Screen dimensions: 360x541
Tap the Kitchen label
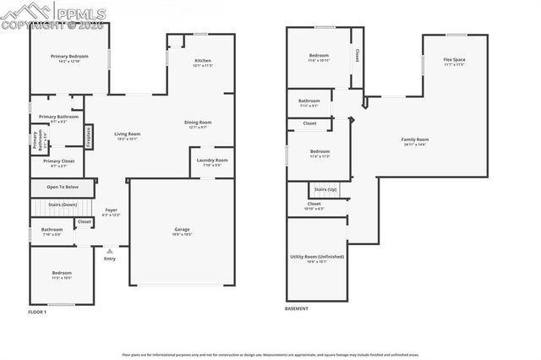(x=203, y=62)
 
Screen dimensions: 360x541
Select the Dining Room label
(x=198, y=123)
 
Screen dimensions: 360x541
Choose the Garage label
(x=182, y=230)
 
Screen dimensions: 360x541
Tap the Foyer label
(x=111, y=210)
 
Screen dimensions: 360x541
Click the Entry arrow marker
(x=110, y=250)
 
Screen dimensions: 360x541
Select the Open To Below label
(x=63, y=187)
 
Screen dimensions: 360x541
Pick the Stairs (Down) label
(x=62, y=205)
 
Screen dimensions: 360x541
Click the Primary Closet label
(x=59, y=161)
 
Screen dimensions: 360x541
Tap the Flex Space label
(x=454, y=61)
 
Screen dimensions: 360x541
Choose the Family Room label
(x=414, y=140)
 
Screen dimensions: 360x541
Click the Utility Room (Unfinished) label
(x=316, y=257)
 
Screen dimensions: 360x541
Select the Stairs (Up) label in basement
(x=325, y=189)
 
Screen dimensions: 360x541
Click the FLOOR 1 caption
(x=37, y=313)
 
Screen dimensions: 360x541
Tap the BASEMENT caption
(x=297, y=308)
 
